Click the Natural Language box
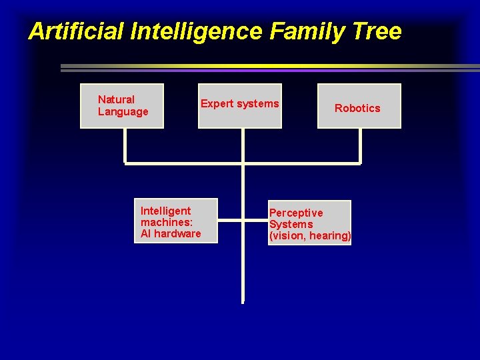[x=122, y=105]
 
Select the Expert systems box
[x=240, y=105]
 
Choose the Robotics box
[x=359, y=105]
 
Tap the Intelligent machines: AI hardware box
[x=166, y=221]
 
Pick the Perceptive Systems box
[x=309, y=223]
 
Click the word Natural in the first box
[x=116, y=100]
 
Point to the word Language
[x=123, y=111]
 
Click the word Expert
[x=215, y=103]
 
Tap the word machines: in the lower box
[x=167, y=222]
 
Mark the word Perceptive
[x=296, y=213]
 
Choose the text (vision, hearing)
[x=309, y=235]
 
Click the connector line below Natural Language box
[x=125, y=145]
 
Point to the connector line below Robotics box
[x=360, y=145]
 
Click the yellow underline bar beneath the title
[x=267, y=66]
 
